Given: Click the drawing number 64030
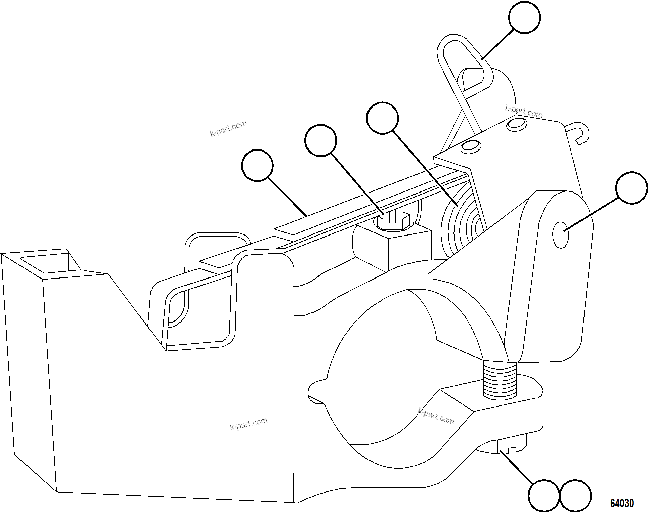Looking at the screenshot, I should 622,503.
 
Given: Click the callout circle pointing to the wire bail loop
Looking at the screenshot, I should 524,17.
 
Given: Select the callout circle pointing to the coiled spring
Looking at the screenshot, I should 383,118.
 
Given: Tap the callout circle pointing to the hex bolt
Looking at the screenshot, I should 320,140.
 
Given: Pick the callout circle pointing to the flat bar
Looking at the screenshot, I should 257,166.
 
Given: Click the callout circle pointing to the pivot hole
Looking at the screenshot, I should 632,188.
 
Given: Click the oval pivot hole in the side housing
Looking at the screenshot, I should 561,235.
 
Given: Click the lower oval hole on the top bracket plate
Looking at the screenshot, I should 471,146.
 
